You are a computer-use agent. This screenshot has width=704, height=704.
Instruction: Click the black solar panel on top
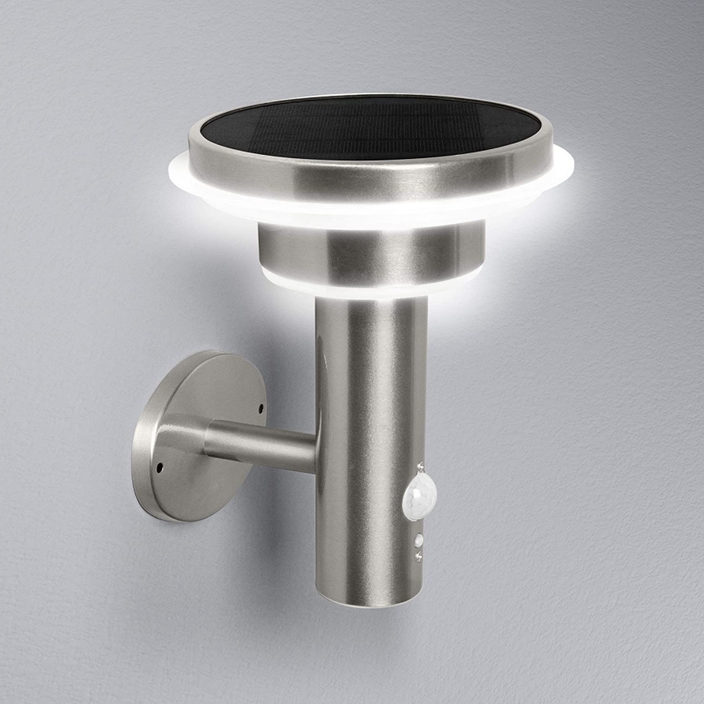(x=370, y=128)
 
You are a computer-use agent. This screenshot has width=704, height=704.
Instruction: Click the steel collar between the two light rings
(x=370, y=251)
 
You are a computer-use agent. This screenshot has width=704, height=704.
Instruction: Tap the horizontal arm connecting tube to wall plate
(x=260, y=444)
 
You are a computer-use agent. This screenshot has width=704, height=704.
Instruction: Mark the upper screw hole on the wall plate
(x=261, y=406)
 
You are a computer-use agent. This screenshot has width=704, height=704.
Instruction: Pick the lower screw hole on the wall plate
(x=159, y=467)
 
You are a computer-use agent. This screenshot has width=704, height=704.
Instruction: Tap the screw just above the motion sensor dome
(x=419, y=468)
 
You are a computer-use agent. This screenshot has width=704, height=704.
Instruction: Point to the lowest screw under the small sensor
(x=418, y=556)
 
